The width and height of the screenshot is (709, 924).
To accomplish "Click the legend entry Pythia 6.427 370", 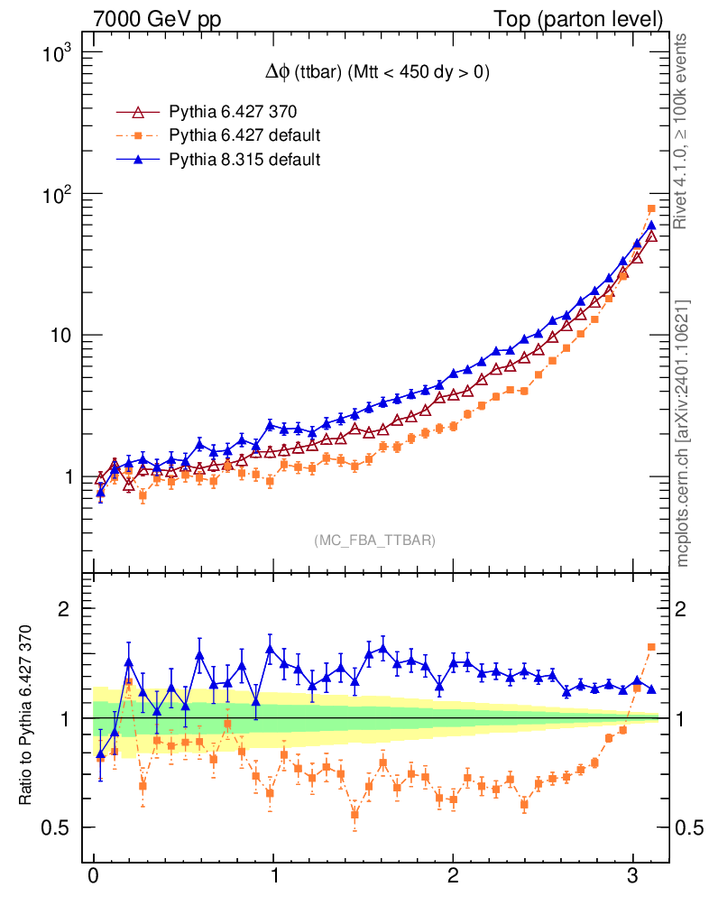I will [x=233, y=113].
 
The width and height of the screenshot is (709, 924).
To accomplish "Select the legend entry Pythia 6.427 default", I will [x=244, y=136].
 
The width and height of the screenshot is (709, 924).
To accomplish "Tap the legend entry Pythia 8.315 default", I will [x=244, y=160].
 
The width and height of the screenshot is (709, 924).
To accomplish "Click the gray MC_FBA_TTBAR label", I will [x=374, y=541].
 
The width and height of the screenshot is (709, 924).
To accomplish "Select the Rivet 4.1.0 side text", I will [x=682, y=132].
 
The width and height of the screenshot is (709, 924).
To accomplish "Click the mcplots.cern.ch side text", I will [x=682, y=433].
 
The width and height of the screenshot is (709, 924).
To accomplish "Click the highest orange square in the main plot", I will [x=651, y=209].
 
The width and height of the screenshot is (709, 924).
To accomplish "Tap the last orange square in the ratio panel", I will [x=651, y=647].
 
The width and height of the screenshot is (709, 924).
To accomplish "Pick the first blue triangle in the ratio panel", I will [x=100, y=753].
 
